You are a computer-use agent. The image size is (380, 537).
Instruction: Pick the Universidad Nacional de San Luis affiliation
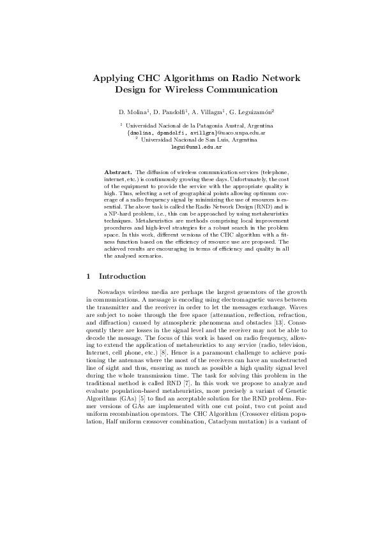pyautogui.click(x=199, y=140)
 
